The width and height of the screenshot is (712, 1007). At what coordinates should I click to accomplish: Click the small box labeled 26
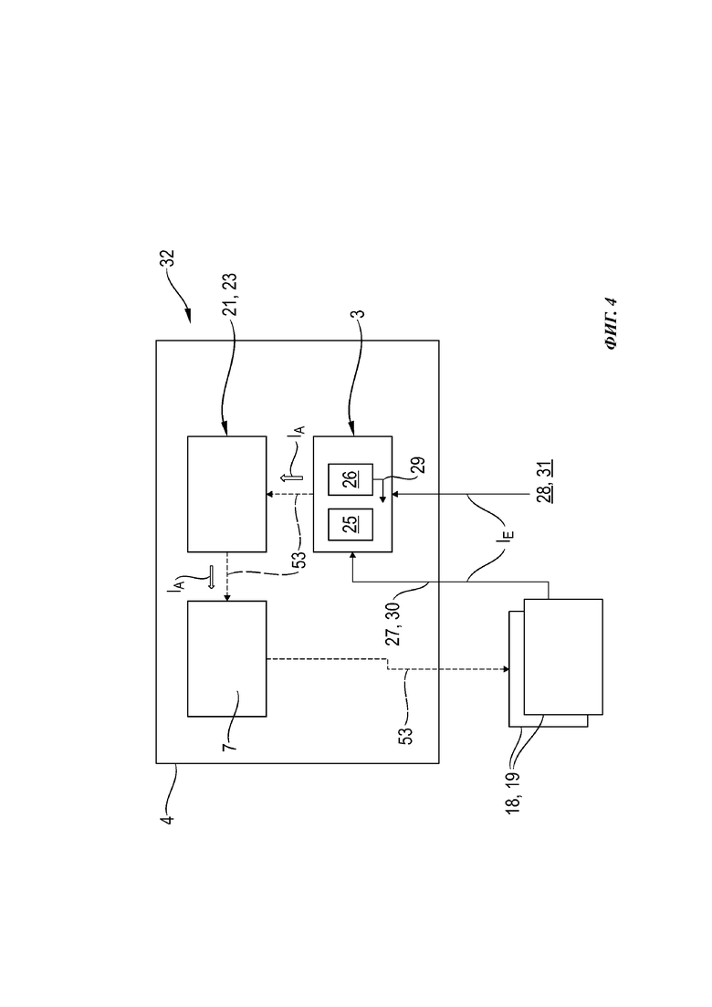click(x=351, y=479)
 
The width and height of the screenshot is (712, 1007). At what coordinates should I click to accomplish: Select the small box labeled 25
click(x=351, y=524)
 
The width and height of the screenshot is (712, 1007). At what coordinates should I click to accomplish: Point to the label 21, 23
click(x=230, y=294)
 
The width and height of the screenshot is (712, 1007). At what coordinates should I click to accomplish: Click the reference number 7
click(x=230, y=745)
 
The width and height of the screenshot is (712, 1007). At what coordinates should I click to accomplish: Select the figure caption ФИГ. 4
click(x=611, y=324)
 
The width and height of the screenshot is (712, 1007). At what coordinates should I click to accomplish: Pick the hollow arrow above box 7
click(x=209, y=577)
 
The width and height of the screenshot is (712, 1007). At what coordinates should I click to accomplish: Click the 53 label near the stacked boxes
click(x=406, y=736)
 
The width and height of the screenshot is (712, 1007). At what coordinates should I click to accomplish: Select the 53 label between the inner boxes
click(x=299, y=560)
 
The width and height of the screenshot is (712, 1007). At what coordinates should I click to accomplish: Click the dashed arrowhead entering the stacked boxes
click(x=506, y=669)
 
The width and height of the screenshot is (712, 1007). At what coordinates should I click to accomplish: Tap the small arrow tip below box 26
click(x=383, y=499)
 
